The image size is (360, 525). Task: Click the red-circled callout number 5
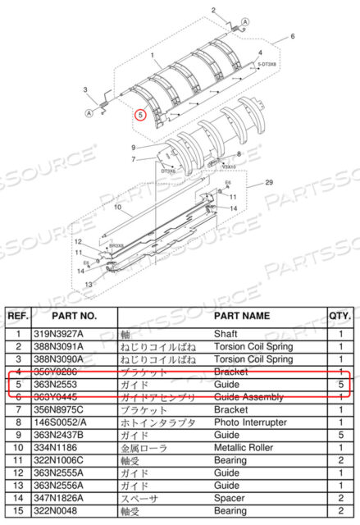141,115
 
